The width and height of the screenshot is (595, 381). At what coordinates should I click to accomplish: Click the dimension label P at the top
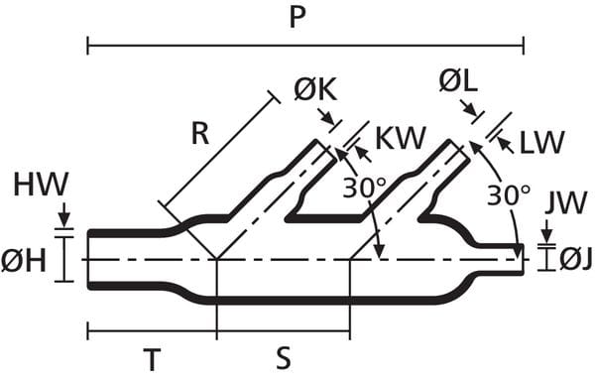tap(297, 18)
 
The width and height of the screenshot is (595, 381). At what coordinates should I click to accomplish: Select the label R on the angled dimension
tap(200, 134)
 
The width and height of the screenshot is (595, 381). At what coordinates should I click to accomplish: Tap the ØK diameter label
tap(315, 90)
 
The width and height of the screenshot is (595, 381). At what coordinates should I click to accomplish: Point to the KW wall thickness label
tap(400, 138)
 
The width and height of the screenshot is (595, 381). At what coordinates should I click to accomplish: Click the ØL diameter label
tap(458, 81)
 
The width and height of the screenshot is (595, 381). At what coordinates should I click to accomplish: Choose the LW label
tap(541, 142)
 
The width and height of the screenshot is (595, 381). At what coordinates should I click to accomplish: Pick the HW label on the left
tap(41, 185)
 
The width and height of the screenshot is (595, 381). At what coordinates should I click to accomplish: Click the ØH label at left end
tap(24, 261)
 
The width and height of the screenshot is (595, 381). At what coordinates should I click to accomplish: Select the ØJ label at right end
tap(576, 260)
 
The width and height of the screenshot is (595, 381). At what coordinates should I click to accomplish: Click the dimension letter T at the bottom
tap(152, 360)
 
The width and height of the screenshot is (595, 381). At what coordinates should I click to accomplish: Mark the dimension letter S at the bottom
tap(283, 358)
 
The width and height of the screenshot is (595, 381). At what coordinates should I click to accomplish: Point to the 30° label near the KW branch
tap(364, 188)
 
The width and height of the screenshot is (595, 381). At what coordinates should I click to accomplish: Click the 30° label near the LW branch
tap(509, 195)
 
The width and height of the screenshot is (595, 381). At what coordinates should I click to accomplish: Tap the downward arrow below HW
tap(64, 214)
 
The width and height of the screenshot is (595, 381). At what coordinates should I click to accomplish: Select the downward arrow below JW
tap(546, 231)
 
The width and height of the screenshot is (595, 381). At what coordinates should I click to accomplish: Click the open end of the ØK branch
tap(325, 151)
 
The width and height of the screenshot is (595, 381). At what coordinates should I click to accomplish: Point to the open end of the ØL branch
tap(459, 151)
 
